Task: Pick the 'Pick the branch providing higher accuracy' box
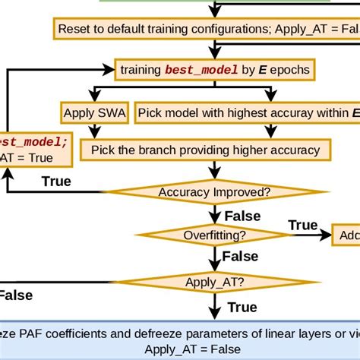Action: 205,150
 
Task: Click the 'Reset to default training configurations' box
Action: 205,30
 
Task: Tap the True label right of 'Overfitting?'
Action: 303,225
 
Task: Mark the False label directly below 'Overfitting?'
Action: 241,257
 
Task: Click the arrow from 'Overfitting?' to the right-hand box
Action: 304,236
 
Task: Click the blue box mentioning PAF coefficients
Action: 180,339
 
